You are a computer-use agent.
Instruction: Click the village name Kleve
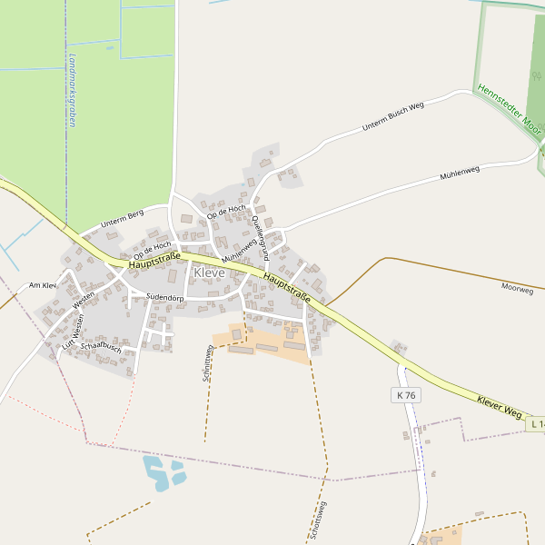click(x=209, y=272)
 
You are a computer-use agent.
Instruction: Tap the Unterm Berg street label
click(x=123, y=218)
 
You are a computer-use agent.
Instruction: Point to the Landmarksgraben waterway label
click(x=71, y=88)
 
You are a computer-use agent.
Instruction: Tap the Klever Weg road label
click(x=499, y=406)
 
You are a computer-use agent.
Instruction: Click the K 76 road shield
click(x=406, y=395)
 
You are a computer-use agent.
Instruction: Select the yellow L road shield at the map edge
click(x=535, y=424)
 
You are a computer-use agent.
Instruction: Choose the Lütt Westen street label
click(x=74, y=332)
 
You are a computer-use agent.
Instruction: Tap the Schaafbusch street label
click(x=101, y=347)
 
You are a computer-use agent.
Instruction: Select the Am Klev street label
click(x=43, y=285)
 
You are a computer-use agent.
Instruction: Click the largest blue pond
click(x=155, y=472)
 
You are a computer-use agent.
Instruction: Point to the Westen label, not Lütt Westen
click(x=84, y=301)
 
